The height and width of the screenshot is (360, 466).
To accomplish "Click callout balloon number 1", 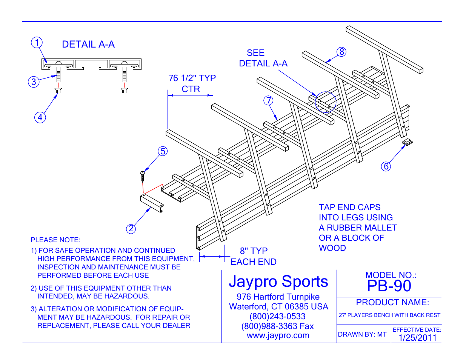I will pyautogui.click(x=37, y=42).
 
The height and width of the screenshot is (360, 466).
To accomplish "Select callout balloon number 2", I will pyautogui.click(x=131, y=229).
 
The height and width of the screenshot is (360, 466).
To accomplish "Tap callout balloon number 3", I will pyautogui.click(x=34, y=82).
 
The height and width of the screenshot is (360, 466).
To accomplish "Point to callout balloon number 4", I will pyautogui.click(x=40, y=117).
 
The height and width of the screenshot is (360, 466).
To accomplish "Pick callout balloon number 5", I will pyautogui.click(x=163, y=151).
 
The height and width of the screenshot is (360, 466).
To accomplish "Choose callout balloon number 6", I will pyautogui.click(x=386, y=166).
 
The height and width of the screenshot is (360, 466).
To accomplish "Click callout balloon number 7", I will pyautogui.click(x=268, y=100).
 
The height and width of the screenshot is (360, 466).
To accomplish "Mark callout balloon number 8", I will pyautogui.click(x=341, y=52).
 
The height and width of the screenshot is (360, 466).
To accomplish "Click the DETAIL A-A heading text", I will pyautogui.click(x=88, y=45).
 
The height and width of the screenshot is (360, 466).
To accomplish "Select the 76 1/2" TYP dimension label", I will pyautogui.click(x=192, y=78).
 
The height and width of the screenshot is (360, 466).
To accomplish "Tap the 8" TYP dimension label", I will pyautogui.click(x=254, y=251).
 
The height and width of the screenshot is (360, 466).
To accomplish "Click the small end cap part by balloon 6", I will pyautogui.click(x=407, y=142).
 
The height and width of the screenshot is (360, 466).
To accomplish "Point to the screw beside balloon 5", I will pyautogui.click(x=142, y=175).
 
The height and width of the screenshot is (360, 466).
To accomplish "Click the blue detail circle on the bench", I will pyautogui.click(x=325, y=102).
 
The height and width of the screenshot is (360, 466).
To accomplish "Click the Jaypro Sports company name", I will pyautogui.click(x=278, y=282).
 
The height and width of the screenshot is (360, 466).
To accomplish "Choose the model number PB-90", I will pyautogui.click(x=389, y=286).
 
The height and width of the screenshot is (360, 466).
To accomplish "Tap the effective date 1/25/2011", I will pyautogui.click(x=417, y=338).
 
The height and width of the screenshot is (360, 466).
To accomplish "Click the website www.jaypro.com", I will pyautogui.click(x=278, y=335).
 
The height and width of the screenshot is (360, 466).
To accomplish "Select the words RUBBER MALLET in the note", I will pyautogui.click(x=362, y=228).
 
